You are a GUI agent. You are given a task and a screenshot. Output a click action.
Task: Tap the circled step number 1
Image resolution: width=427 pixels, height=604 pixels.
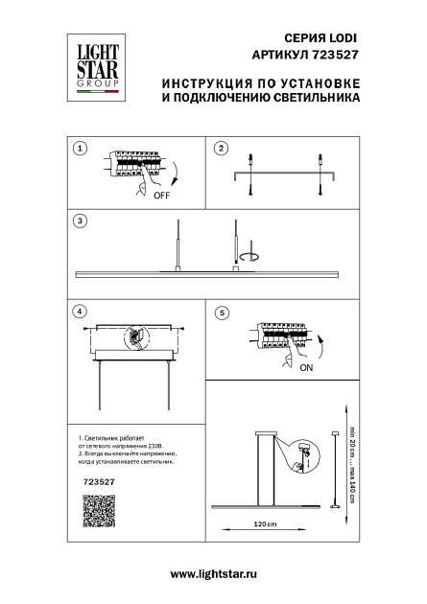point(81,149)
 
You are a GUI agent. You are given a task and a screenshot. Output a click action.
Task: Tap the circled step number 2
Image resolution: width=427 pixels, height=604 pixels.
point(221,149)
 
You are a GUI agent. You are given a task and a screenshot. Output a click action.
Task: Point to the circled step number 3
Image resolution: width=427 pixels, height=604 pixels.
point(81,221)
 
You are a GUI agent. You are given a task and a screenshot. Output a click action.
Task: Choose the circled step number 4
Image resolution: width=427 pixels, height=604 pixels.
point(81,312)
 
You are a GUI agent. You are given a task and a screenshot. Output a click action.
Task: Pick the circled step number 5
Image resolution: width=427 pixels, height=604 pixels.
point(222,312)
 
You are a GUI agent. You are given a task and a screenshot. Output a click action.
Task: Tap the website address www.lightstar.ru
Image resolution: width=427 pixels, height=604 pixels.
point(213,572)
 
